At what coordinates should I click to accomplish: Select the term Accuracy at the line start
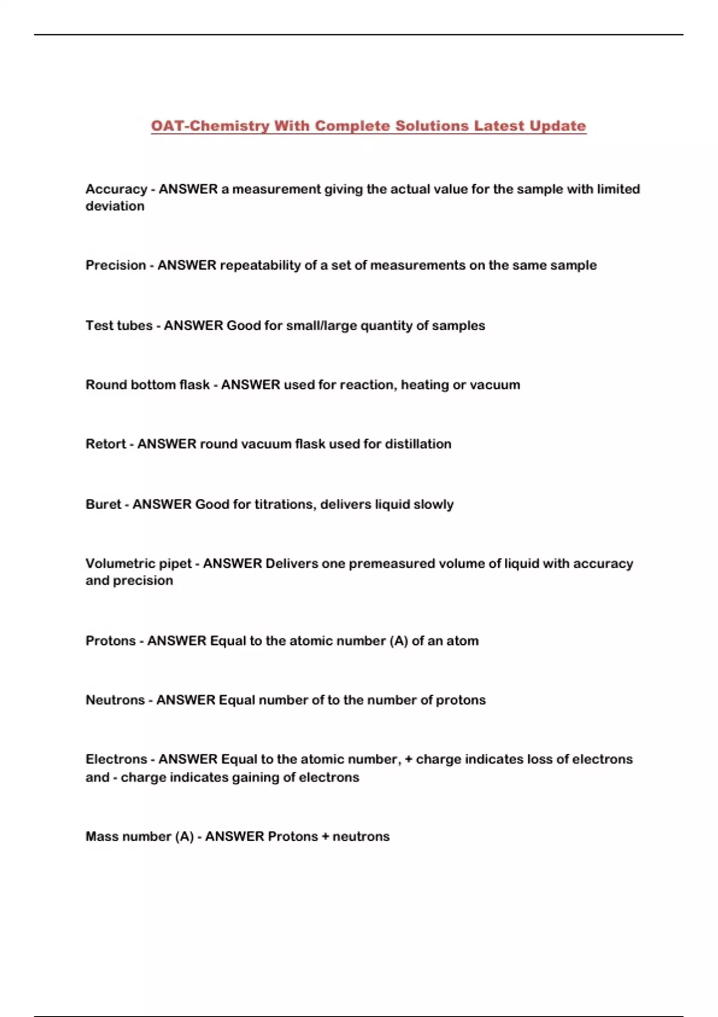point(116,189)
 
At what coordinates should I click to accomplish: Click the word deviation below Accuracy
point(115,206)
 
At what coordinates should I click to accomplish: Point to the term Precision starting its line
point(115,265)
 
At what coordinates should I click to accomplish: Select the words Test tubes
point(119,325)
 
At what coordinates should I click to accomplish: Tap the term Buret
point(104,504)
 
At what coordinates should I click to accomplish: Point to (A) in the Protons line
point(398,641)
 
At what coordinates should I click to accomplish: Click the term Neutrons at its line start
point(115,700)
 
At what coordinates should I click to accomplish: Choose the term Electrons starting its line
point(116,759)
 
